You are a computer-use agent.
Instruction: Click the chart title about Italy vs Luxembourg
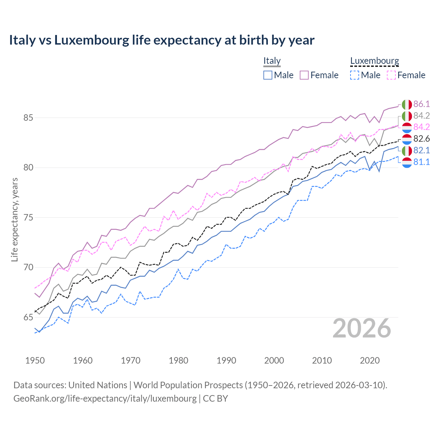click(162, 40)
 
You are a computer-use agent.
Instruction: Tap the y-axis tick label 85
click(28, 118)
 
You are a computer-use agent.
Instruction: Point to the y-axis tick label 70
click(28, 267)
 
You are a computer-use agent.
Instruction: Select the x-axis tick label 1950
click(35, 360)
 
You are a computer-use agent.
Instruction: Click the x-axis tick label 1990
click(226, 360)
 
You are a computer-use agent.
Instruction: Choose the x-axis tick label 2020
click(370, 360)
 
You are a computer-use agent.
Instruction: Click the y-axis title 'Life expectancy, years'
click(14, 219)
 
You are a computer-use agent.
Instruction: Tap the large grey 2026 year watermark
click(361, 328)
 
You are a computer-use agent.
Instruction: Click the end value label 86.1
click(422, 104)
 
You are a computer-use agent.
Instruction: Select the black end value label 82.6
click(422, 139)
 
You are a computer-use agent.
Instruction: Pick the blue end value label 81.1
click(422, 162)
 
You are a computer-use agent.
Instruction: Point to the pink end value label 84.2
click(422, 127)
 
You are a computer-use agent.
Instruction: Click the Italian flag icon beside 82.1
click(407, 151)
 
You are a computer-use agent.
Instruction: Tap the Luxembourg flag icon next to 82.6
click(407, 139)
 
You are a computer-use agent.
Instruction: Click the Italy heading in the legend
click(272, 61)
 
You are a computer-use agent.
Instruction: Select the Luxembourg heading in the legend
click(375, 61)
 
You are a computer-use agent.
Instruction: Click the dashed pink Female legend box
click(391, 75)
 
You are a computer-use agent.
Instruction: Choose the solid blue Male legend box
click(268, 75)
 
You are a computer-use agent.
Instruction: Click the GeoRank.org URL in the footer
click(105, 399)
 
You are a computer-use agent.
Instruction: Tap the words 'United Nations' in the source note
click(98, 385)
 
